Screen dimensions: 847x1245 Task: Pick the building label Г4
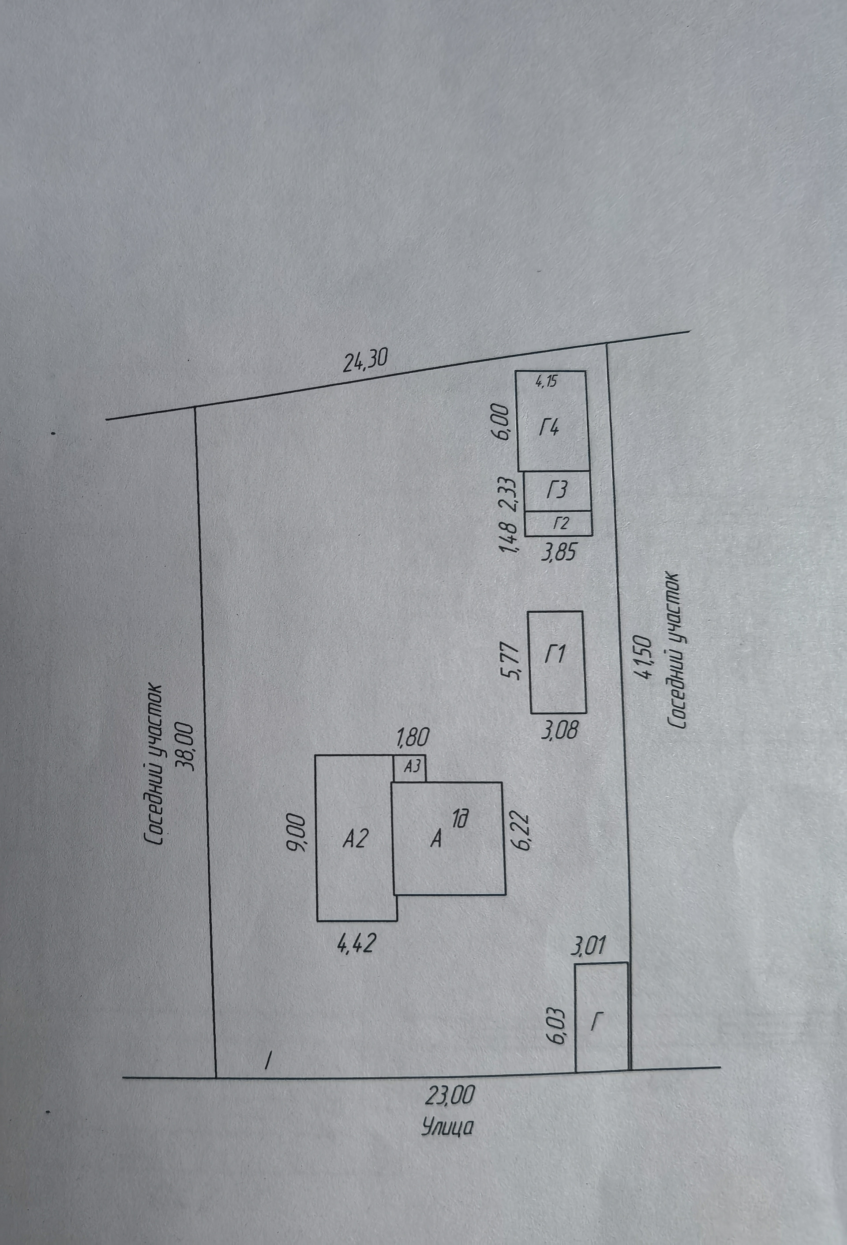[549, 428]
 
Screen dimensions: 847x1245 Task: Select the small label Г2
[560, 523]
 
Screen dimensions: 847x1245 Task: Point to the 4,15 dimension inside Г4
[547, 382]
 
